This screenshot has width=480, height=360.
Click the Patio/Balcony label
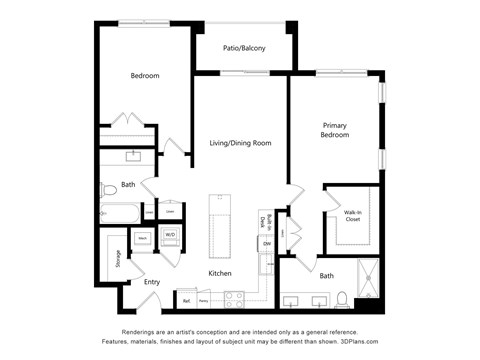point(243,46)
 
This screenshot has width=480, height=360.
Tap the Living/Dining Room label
point(240,143)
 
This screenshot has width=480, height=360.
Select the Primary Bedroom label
point(334,130)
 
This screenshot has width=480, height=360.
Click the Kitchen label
point(220,273)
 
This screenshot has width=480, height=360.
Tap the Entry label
point(152,282)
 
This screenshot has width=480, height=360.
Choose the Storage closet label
point(118,260)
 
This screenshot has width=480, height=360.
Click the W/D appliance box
point(171,237)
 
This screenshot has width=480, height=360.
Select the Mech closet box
point(143,238)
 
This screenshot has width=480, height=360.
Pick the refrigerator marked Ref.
point(186,298)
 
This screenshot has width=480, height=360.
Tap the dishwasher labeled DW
point(267,243)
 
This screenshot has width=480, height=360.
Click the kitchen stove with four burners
point(234,297)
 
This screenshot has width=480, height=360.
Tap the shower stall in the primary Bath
point(368,279)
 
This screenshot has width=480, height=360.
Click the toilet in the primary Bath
point(341,298)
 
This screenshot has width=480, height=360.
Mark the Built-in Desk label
point(262,222)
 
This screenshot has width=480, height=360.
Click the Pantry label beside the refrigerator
point(203,299)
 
